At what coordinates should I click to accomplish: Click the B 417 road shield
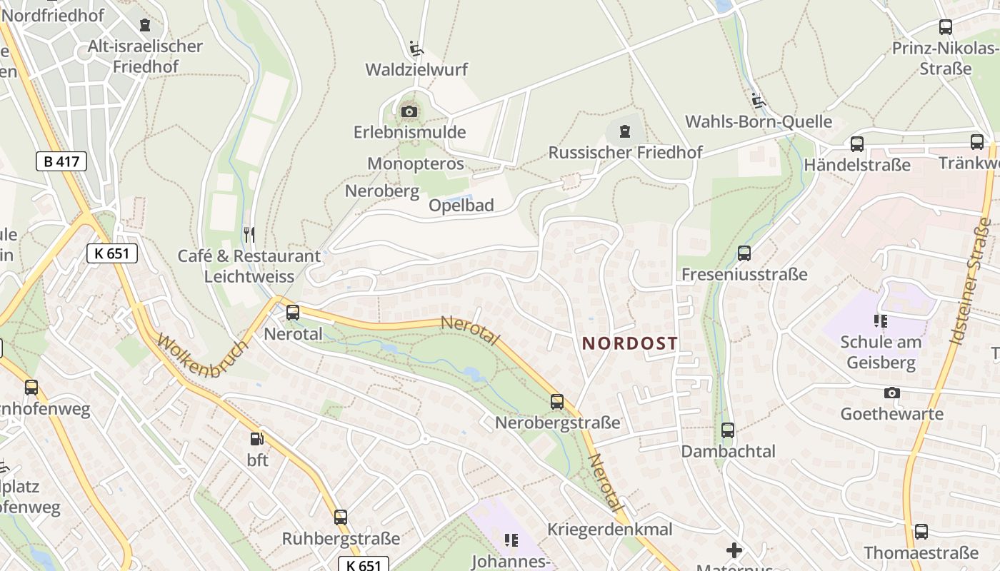[x=61, y=161]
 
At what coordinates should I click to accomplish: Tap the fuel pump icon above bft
[x=256, y=439]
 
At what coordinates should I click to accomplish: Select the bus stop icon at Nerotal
[x=293, y=313]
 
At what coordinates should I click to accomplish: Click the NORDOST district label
[x=629, y=343]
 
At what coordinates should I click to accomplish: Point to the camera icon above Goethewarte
[x=891, y=393]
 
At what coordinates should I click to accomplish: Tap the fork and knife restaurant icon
[x=249, y=234]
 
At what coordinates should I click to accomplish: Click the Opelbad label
[x=461, y=206]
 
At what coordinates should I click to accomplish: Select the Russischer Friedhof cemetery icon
[x=625, y=131]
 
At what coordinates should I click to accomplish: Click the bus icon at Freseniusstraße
[x=744, y=253]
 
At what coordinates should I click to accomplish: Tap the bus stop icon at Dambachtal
[x=728, y=430]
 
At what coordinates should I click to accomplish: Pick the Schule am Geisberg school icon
[x=880, y=321]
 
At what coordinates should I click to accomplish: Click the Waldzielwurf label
[x=416, y=70]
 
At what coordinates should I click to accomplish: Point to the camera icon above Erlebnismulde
[x=409, y=111]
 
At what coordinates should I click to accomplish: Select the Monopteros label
[x=416, y=164]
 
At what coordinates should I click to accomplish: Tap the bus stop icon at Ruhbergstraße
[x=341, y=517]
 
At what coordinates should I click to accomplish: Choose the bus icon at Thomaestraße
[x=921, y=532]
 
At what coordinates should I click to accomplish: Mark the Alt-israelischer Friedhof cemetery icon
[x=145, y=26]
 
